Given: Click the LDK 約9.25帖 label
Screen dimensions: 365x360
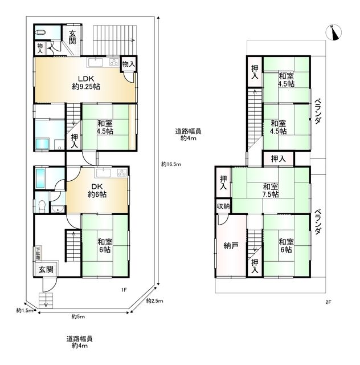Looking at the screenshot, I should coord(86,83).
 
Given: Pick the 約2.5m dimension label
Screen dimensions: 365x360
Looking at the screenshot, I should coord(154,301).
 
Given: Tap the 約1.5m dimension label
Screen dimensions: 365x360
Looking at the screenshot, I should coord(24,310).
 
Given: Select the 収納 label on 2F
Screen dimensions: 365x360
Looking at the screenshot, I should coord(223,206).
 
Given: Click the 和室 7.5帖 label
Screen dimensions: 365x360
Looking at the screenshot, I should coord(271,190).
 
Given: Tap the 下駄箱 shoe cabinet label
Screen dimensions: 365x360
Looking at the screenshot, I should coord(39,253).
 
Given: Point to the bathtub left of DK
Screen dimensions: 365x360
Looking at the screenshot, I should coord(39,179).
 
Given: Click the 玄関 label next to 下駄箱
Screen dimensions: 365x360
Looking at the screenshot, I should coord(46,270).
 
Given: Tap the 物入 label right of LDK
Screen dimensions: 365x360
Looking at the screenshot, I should coord(129,64).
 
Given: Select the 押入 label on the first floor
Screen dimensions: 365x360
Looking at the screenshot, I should coord(74,141).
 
